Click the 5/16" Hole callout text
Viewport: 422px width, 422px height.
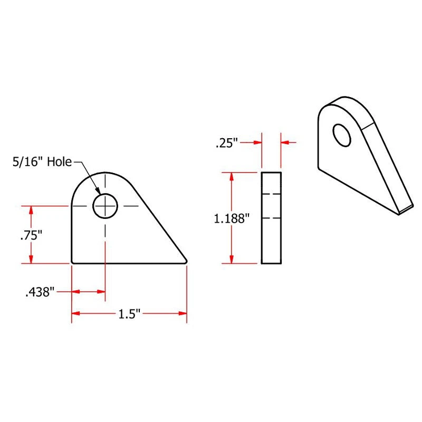pyautogui.click(x=42, y=162)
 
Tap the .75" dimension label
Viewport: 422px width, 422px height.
pyautogui.click(x=31, y=236)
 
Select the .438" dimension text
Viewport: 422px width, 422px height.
pyautogui.click(x=40, y=292)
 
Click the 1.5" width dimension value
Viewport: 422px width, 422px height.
pyautogui.click(x=129, y=314)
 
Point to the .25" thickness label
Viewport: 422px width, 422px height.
pyautogui.click(x=227, y=142)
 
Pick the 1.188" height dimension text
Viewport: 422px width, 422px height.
pyautogui.click(x=231, y=218)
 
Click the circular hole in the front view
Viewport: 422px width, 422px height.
pyautogui.click(x=105, y=205)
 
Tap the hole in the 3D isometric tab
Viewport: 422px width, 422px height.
pyautogui.click(x=342, y=135)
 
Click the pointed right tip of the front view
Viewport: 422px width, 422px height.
pyautogui.click(x=186, y=260)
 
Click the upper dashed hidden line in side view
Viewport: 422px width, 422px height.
pyautogui.click(x=271, y=194)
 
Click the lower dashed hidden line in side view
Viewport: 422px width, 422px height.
pyautogui.click(x=271, y=217)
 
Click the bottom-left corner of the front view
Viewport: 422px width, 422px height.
pyautogui.click(x=72, y=262)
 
